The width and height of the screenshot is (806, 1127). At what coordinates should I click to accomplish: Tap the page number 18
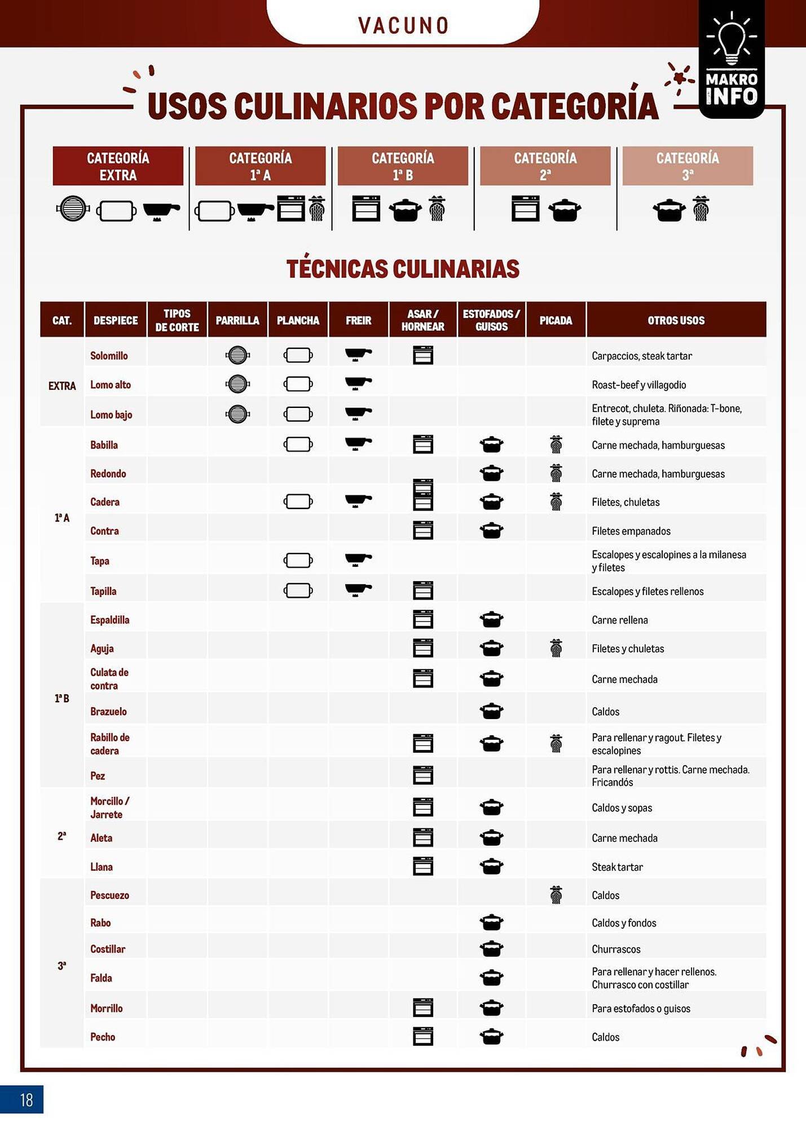pos(26,1099)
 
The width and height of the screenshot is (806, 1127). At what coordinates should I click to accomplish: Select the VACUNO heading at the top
pos(403,25)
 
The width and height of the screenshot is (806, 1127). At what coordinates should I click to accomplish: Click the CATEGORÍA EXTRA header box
pos(118,166)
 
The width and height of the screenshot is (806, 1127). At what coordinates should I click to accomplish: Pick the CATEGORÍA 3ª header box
pos(687,166)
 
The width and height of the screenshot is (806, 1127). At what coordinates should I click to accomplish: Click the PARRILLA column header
pos(237,320)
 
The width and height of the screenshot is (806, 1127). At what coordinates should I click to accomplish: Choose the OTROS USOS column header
pos(676,320)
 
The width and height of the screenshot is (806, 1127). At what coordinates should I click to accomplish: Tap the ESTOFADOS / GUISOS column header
pos(491,320)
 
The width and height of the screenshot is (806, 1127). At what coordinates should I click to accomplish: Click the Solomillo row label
pos(109,356)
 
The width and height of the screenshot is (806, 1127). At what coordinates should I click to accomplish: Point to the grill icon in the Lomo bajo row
pos(237,414)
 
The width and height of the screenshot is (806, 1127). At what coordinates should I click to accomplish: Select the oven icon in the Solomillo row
pos(422,356)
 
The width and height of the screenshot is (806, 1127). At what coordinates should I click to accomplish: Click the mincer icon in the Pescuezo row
pos(556,894)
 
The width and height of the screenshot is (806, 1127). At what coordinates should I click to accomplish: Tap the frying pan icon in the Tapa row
pos(358,560)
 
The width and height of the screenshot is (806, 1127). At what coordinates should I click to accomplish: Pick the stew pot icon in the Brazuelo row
pos(491,711)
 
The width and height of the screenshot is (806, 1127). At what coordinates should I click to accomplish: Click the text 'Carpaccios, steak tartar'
pos(641,356)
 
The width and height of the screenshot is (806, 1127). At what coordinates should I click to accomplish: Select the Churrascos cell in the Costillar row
pos(616,949)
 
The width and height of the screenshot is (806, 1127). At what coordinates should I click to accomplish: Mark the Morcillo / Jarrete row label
pos(109,807)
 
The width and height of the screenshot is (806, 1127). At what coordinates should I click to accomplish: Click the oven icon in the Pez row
pos(422,775)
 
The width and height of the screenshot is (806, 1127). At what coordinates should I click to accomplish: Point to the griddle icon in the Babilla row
pos(298,445)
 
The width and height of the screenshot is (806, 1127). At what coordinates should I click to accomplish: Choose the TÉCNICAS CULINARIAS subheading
pos(403,269)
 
